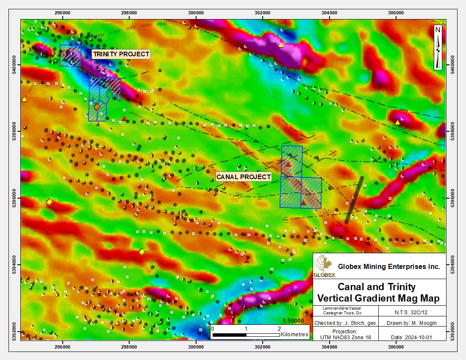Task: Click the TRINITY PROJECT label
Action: [121, 54]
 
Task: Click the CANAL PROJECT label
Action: [244, 177]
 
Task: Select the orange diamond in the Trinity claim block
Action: [97, 107]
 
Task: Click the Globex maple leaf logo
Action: [324, 266]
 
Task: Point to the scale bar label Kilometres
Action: [294, 335]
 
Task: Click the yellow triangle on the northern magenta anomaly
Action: [281, 45]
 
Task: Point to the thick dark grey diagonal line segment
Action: [354, 199]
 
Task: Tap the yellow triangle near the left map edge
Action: [24, 99]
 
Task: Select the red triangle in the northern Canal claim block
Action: [288, 164]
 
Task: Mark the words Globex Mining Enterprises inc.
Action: [389, 266]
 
